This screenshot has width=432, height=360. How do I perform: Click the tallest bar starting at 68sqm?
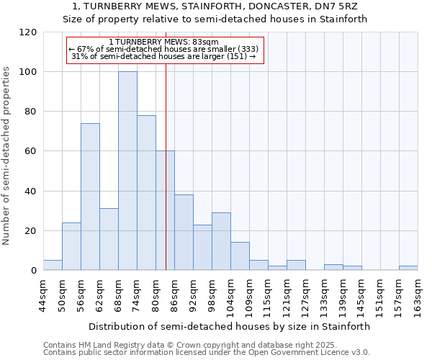pyautogui.click(x=127, y=171)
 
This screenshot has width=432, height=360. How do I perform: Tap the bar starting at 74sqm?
pyautogui.click(x=146, y=192)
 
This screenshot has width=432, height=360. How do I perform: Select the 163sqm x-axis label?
pyautogui.click(x=418, y=295)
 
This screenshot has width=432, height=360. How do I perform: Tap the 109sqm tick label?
pyautogui.click(x=249, y=295)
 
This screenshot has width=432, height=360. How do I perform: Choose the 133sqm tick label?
pyautogui.click(x=324, y=295)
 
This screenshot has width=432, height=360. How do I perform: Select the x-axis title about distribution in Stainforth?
pyautogui.click(x=230, y=326)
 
